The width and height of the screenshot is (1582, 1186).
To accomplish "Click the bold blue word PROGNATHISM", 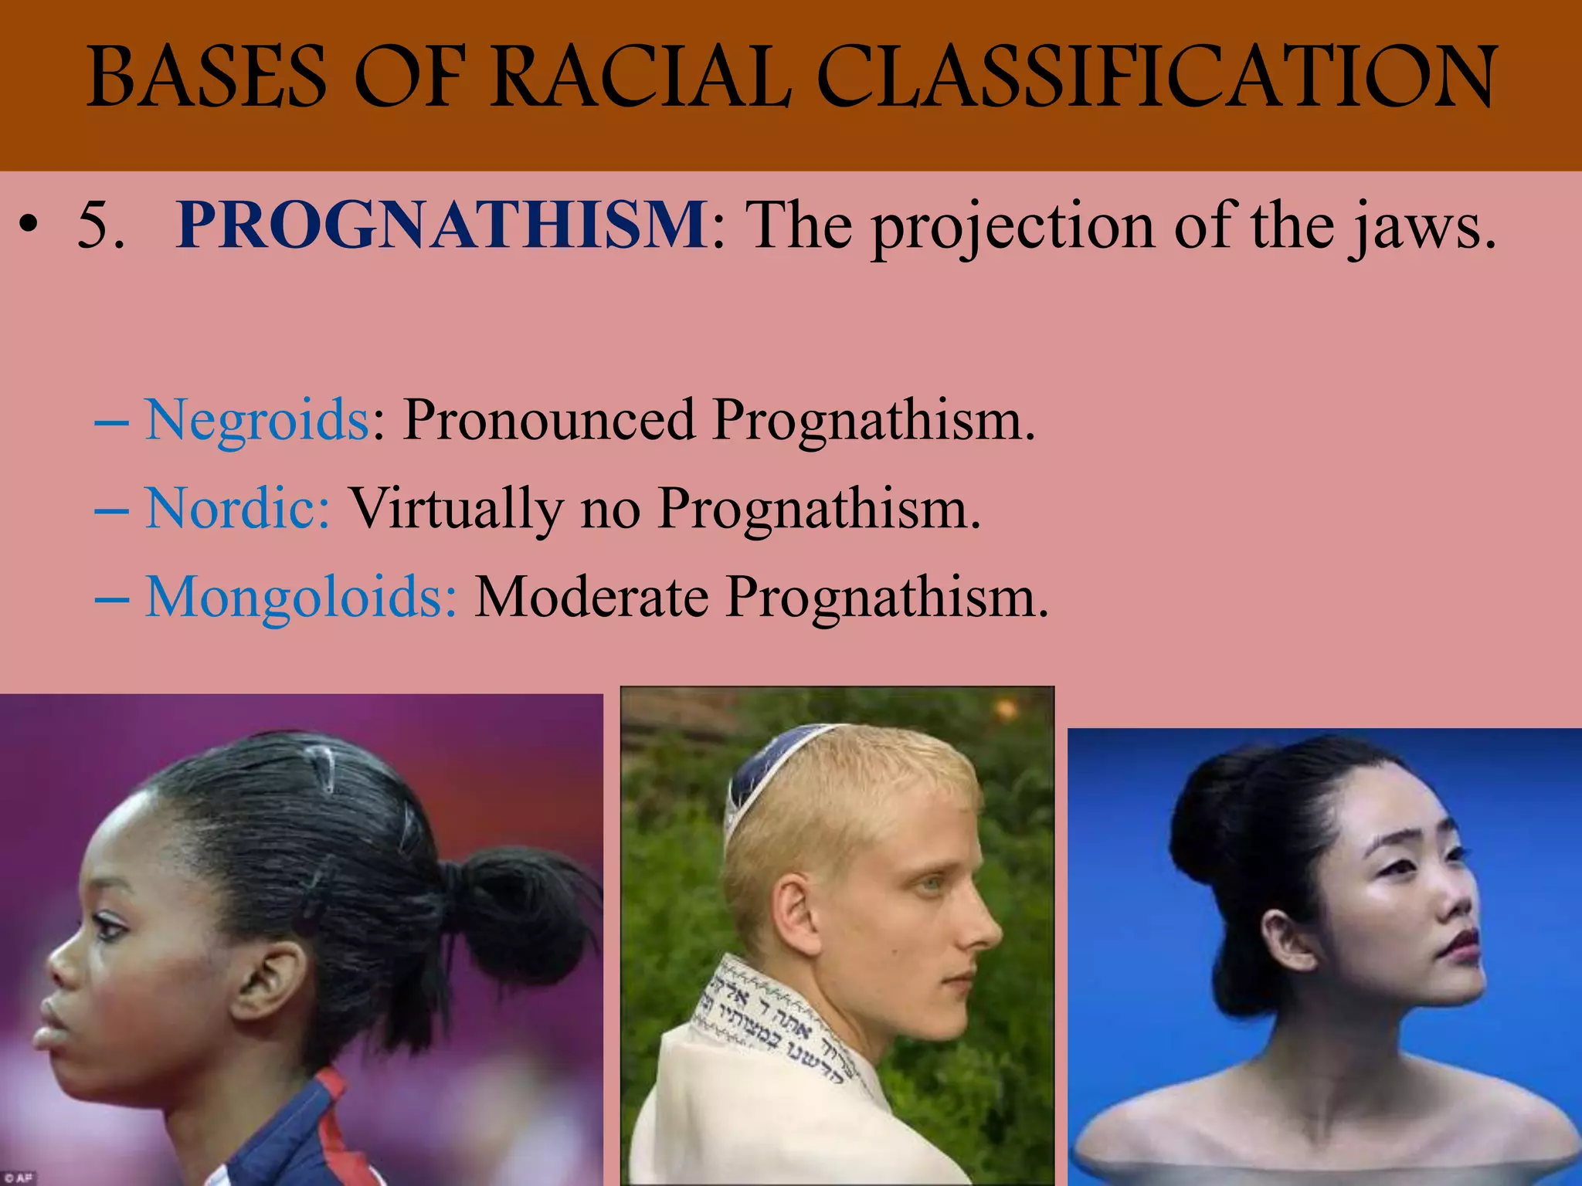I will tap(441, 225).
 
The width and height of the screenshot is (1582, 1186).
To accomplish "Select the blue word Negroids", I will tap(257, 421).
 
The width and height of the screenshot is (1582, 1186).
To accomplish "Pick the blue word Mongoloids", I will tap(301, 598).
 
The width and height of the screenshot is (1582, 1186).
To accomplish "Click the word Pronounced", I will tap(548, 421).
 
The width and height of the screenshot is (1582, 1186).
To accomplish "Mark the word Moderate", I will tap(591, 598).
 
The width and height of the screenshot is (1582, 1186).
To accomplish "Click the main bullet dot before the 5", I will tap(29, 227).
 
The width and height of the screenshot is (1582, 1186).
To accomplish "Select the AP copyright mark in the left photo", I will tap(19, 1178).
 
